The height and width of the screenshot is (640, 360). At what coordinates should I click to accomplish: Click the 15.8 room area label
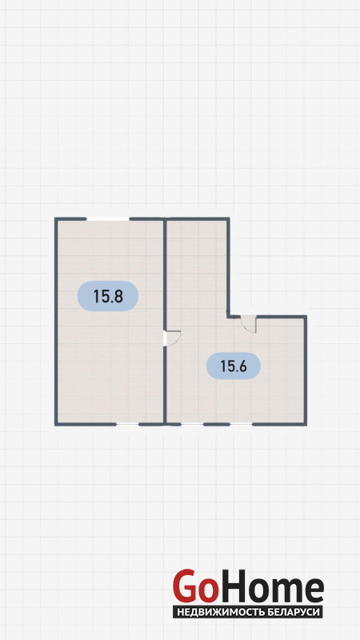pyautogui.click(x=108, y=296)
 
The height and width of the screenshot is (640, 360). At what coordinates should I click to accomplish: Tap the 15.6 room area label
pyautogui.click(x=234, y=366)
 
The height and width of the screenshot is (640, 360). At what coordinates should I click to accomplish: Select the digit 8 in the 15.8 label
pyautogui.click(x=118, y=296)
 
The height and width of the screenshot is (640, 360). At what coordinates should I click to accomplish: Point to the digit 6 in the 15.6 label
pyautogui.click(x=242, y=366)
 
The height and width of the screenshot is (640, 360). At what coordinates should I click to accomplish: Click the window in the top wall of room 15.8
pyautogui.click(x=108, y=219)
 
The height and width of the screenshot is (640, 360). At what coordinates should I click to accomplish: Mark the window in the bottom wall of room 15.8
pyautogui.click(x=127, y=425)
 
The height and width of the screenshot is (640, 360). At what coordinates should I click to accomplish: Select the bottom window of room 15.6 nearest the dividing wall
pyautogui.click(x=192, y=425)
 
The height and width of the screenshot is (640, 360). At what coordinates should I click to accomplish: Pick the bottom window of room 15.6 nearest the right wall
pyautogui.click(x=241, y=425)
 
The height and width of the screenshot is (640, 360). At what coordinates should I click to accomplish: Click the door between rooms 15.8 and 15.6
pyautogui.click(x=171, y=338)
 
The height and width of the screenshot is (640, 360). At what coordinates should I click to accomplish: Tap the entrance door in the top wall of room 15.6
pyautogui.click(x=248, y=323)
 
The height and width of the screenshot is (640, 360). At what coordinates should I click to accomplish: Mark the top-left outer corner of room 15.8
pyautogui.click(x=56, y=218)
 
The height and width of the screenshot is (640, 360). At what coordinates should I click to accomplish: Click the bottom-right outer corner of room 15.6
pyautogui.click(x=306, y=425)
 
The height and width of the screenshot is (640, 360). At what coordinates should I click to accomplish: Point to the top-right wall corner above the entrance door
pyautogui.click(x=306, y=317)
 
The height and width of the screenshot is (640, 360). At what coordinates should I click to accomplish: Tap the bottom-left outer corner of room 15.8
pyautogui.click(x=56, y=425)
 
